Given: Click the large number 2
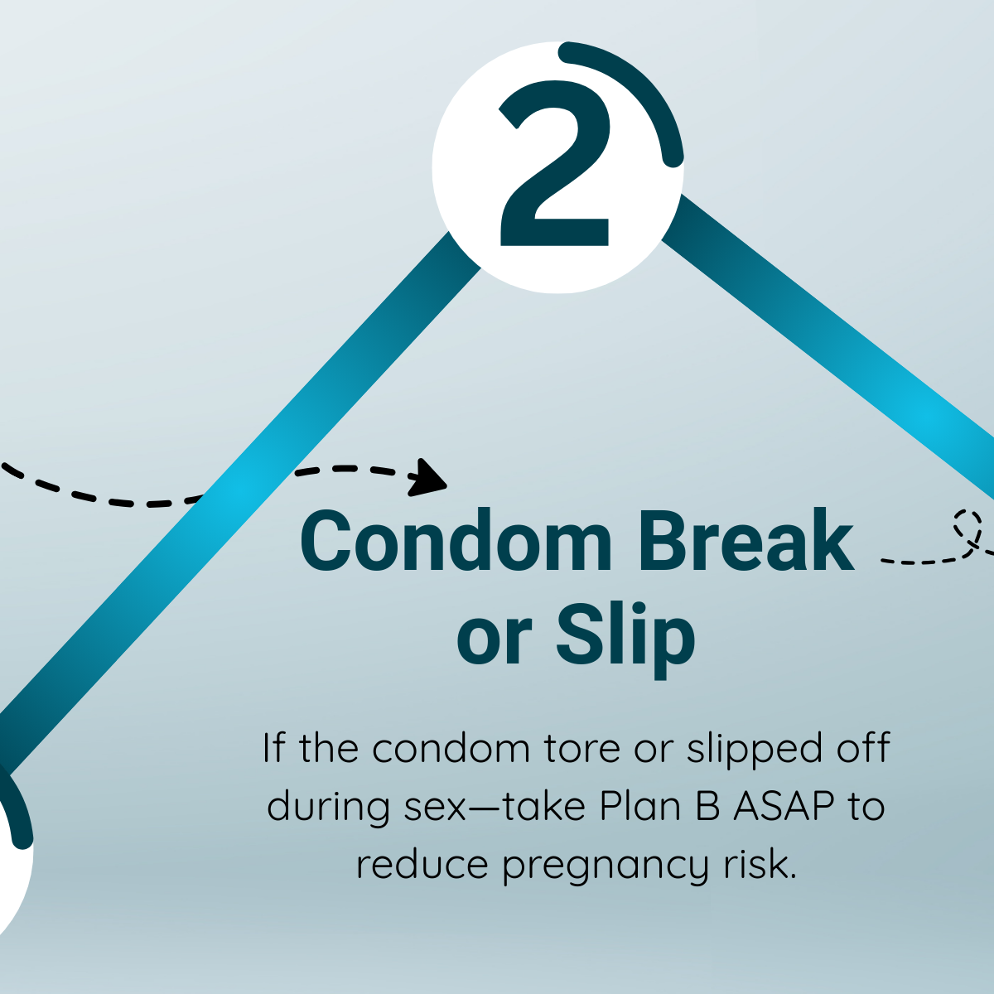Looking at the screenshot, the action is point(555,163).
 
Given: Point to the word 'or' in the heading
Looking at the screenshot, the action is point(494,644).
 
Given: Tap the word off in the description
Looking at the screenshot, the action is point(865,748).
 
